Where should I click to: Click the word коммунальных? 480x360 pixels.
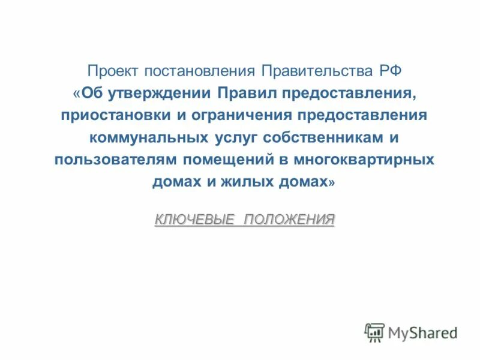[x=149, y=137]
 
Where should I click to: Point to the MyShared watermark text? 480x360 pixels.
[x=422, y=332]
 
